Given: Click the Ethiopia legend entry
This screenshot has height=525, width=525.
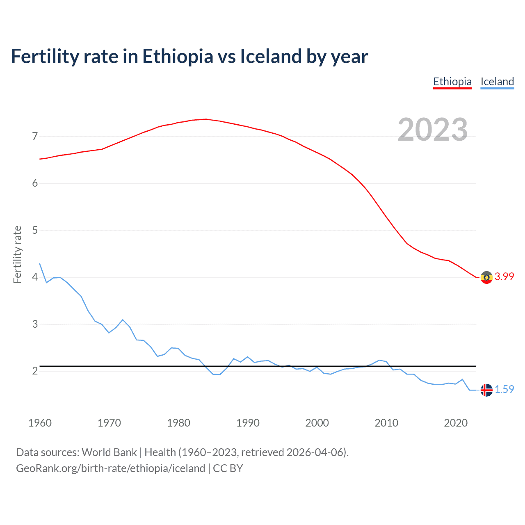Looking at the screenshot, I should (452, 82).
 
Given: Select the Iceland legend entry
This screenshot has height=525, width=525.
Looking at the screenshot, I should (497, 82).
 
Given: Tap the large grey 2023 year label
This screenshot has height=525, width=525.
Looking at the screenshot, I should (432, 130).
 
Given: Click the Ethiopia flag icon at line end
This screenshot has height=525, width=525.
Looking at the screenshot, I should (486, 277).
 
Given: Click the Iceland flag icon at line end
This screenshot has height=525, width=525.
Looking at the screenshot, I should (486, 390).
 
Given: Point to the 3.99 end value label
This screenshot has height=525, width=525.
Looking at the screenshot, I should (504, 277).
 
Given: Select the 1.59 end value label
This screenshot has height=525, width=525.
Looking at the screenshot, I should (504, 390).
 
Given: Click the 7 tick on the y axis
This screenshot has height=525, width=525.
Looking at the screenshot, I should (35, 136).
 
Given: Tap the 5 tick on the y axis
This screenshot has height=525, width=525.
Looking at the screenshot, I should (35, 230).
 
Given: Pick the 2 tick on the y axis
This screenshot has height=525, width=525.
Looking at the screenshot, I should (35, 371).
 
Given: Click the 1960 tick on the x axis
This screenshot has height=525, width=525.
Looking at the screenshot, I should (40, 423).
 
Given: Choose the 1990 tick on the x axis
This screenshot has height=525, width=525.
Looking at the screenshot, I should (248, 423).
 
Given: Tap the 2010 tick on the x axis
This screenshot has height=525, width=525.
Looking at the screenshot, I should (386, 423).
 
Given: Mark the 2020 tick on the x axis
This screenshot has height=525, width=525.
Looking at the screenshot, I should (456, 423).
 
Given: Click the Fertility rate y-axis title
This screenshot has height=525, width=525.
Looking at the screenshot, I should (17, 254).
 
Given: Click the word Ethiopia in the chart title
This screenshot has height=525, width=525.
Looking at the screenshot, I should (178, 57).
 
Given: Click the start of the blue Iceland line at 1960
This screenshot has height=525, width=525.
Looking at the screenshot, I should (40, 264).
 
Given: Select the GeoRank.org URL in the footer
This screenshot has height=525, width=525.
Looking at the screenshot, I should (110, 468).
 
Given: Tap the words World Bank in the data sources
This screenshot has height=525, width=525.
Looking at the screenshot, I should (109, 452).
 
